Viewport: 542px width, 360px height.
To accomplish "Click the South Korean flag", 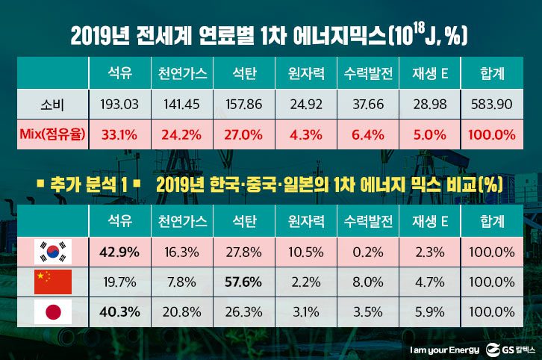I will point(54,252).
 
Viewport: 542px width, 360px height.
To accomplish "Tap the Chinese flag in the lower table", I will point(54,282).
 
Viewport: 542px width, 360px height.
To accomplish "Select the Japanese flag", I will point(54,312).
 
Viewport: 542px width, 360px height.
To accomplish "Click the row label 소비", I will point(54,104).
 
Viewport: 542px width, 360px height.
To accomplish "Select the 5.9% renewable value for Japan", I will point(429,312).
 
